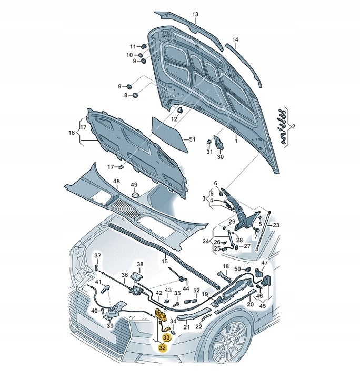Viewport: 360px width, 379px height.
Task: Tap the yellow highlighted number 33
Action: coord(166,337)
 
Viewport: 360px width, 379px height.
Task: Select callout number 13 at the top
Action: coord(195,14)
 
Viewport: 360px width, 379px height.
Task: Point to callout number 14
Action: coord(235,40)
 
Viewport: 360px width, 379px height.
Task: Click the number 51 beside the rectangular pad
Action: coord(192,139)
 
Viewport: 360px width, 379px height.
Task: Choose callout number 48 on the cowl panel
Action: coord(116,182)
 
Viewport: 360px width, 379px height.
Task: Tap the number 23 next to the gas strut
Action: coord(276,225)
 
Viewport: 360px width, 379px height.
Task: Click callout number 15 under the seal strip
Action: coord(164,261)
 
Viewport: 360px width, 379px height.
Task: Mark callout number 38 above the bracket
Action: coord(139,264)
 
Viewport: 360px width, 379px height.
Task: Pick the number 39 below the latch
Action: coord(110,326)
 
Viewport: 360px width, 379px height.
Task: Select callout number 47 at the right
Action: coord(264,263)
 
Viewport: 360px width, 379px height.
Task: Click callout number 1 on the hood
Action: coord(236,141)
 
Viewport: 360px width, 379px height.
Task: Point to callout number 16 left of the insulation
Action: coord(72,133)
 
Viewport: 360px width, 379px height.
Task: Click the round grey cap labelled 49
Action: coord(135,195)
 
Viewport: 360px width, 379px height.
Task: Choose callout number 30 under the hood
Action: coord(221,157)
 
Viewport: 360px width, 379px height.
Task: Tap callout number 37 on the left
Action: coord(97,256)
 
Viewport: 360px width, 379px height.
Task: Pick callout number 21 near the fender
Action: coord(186,327)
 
